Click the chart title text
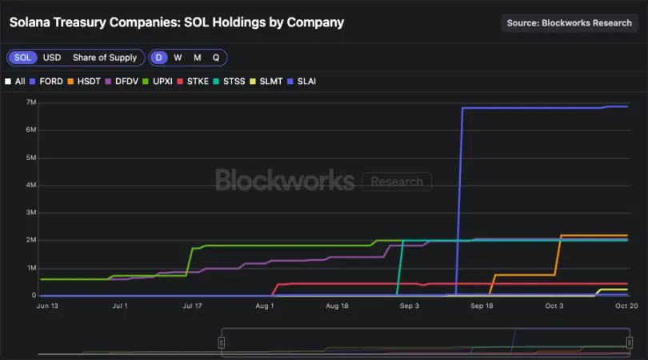(x=176, y=22)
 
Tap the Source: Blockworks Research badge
(x=569, y=22)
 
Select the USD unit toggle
(x=52, y=58)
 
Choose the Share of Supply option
(x=104, y=58)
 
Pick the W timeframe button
(x=178, y=58)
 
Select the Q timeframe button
(x=215, y=58)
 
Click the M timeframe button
(x=197, y=58)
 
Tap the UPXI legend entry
(x=164, y=81)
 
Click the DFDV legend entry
(x=126, y=81)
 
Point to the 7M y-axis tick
(x=32, y=102)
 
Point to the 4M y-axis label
(x=32, y=186)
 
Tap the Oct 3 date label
(x=554, y=306)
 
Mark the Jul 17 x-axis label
(x=192, y=306)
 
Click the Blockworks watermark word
(x=285, y=181)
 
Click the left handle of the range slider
(x=222, y=342)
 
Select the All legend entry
(x=15, y=81)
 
